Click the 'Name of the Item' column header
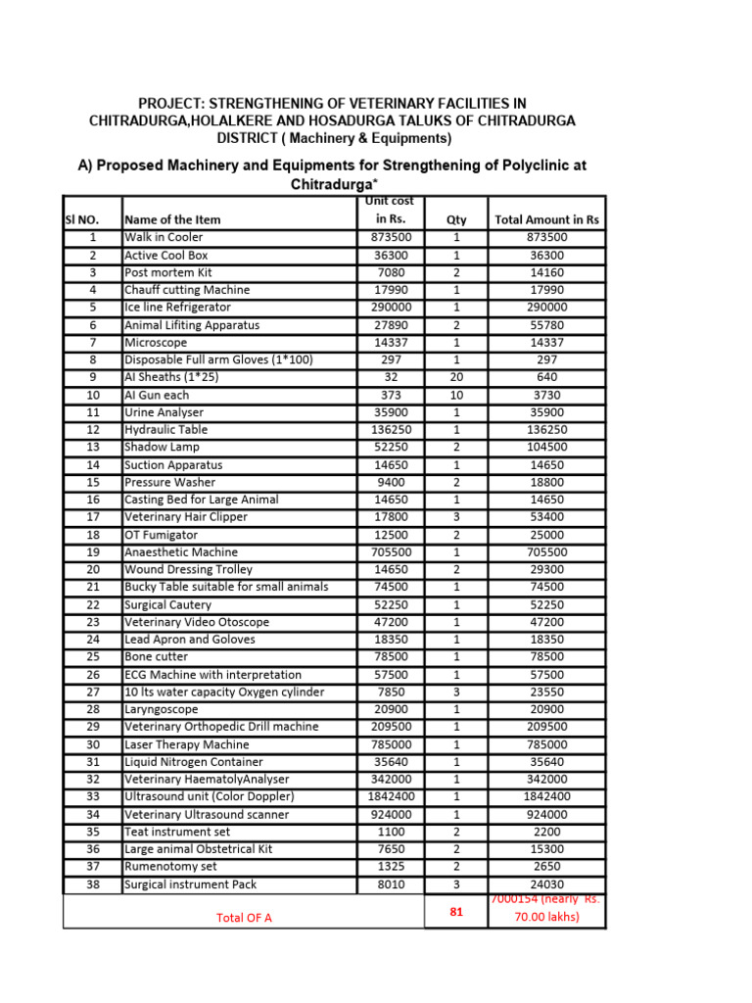172,220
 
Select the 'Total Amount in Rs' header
546,220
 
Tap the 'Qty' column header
456,220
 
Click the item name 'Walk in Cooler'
164,237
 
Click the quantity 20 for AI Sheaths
456,377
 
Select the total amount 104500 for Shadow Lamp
546,447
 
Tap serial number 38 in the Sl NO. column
92,884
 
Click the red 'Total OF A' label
244,918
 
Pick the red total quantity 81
456,911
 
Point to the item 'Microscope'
156,343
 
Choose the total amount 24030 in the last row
546,884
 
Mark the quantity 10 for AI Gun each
456,395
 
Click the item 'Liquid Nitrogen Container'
193,762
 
